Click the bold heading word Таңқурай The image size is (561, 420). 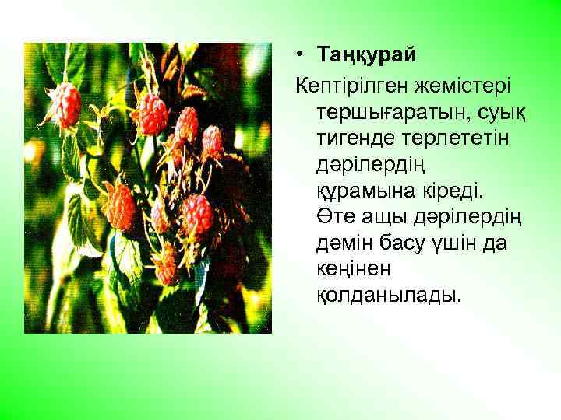click(x=367, y=55)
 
